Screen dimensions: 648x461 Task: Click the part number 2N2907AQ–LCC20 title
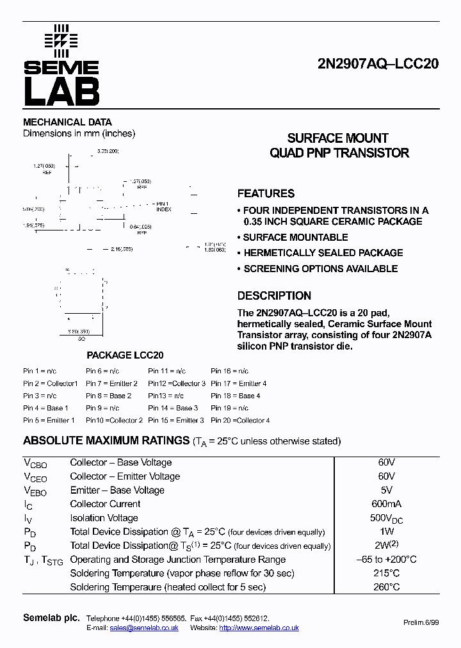click(x=378, y=64)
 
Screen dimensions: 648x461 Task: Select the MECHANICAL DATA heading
click(x=67, y=122)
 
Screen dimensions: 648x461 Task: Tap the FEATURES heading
click(x=266, y=193)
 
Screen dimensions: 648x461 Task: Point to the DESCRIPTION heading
click(x=274, y=296)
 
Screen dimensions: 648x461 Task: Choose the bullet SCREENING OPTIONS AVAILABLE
click(x=320, y=269)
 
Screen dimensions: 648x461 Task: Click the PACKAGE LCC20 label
click(x=125, y=355)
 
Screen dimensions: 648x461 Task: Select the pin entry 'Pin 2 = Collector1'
click(x=50, y=384)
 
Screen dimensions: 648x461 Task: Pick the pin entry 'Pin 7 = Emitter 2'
click(x=111, y=384)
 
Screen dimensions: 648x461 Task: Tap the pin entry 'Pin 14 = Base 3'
click(x=173, y=408)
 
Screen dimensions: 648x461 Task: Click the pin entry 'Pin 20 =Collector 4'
click(x=240, y=420)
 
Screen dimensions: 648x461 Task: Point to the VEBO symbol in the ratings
click(x=35, y=491)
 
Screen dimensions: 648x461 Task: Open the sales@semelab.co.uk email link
click(x=143, y=628)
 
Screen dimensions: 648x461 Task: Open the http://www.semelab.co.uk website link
click(x=259, y=628)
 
